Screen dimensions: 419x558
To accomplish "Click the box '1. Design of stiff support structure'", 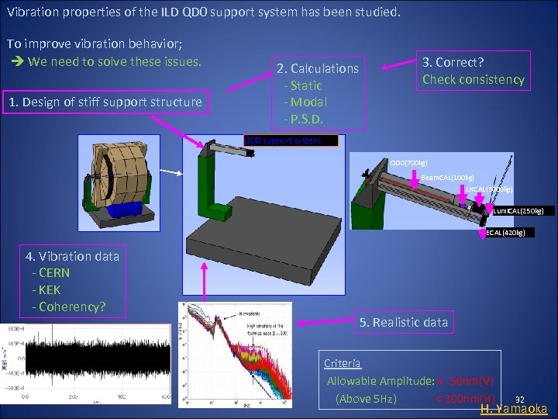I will pyautogui.click(x=104, y=102).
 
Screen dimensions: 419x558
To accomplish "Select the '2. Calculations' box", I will pyautogui.click(x=317, y=93).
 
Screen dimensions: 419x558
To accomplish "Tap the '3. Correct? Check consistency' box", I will pyautogui.click(x=473, y=71).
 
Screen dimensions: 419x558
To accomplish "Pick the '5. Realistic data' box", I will pyautogui.click(x=404, y=322).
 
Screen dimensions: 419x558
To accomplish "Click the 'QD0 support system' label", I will pyautogui.click(x=291, y=141).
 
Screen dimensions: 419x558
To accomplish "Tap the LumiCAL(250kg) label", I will pyautogui.click(x=521, y=210).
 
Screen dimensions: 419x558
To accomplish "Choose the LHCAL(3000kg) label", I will pyautogui.click(x=488, y=189).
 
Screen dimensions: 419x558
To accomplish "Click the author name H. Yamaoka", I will pyautogui.click(x=514, y=409).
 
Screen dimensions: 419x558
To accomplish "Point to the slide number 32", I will pyautogui.click(x=520, y=396).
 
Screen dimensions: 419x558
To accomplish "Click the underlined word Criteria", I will pyautogui.click(x=342, y=363).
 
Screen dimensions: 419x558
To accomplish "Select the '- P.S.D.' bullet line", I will pyautogui.click(x=305, y=119).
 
